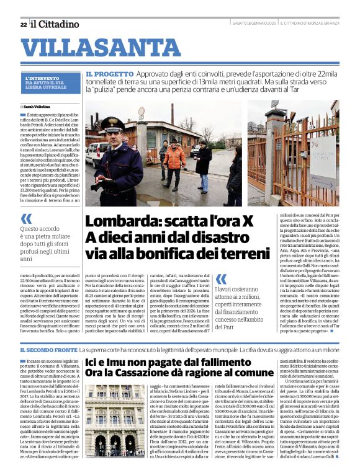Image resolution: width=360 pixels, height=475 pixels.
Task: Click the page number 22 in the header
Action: tap(23, 24)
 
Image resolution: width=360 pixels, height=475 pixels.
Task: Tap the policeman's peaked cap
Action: tap(112, 123)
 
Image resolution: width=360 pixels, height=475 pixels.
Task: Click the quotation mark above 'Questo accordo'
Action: tap(26, 218)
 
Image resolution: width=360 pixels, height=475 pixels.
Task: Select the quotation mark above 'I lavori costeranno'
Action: tap(220, 279)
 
